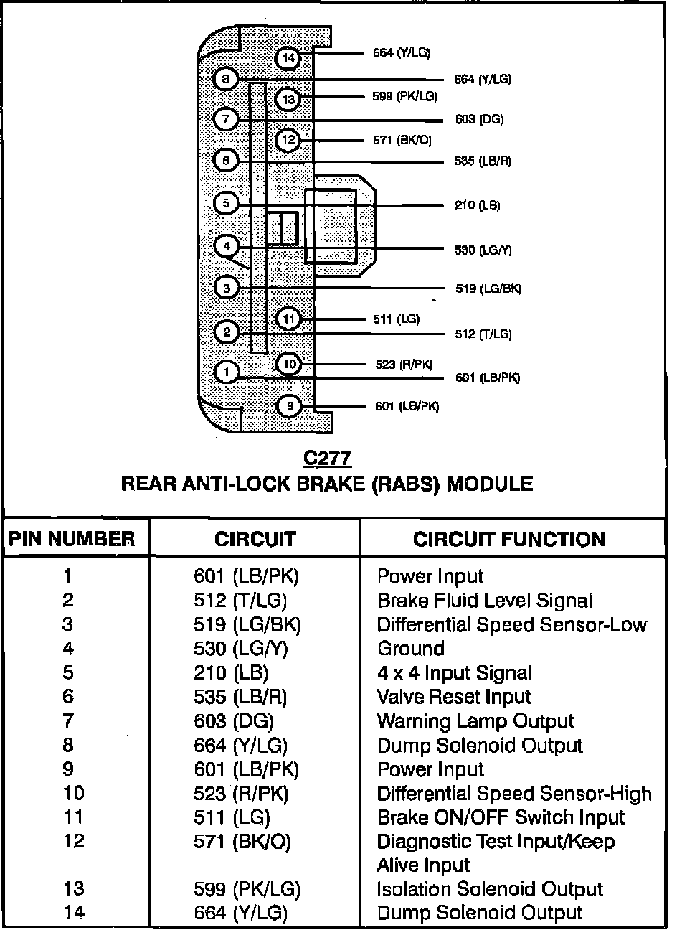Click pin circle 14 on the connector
288,58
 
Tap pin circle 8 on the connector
225,79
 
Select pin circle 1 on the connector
227,372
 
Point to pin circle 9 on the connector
289,407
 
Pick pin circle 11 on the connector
288,319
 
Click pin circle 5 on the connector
226,203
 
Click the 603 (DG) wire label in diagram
479,119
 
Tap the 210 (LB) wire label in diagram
477,206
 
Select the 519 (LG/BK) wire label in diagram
488,289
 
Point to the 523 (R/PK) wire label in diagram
404,365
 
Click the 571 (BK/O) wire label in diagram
402,141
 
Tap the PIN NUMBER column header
71,540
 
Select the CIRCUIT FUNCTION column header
508,540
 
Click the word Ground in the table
411,649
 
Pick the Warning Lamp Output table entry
475,721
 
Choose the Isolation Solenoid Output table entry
490,889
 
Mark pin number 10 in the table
73,793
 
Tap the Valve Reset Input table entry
454,697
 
